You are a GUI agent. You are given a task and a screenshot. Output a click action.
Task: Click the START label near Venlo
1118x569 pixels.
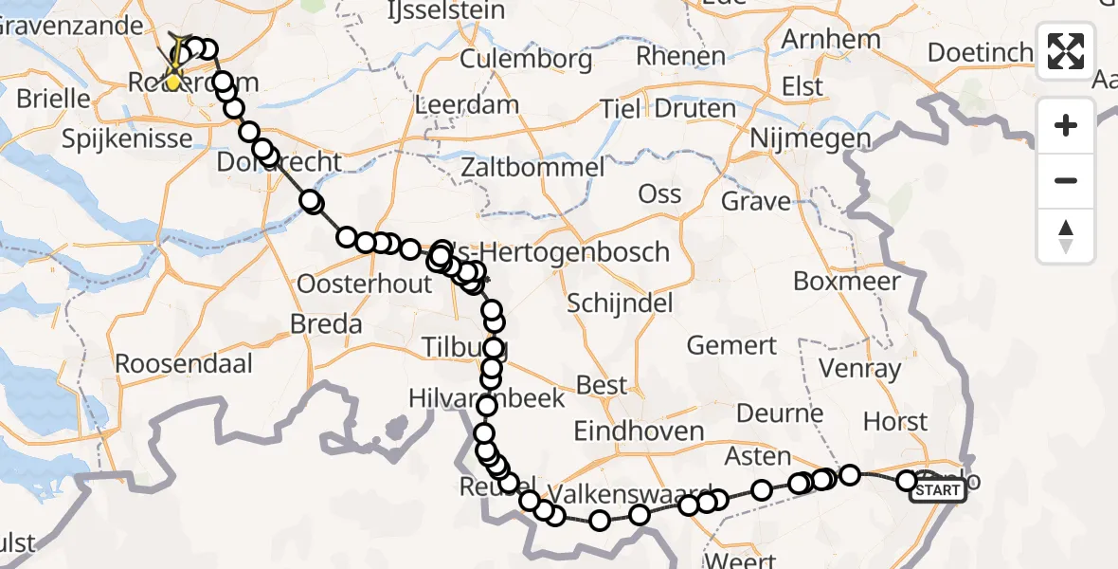pos(938,490)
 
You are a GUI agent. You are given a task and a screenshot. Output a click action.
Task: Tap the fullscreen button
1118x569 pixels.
pos(1066,50)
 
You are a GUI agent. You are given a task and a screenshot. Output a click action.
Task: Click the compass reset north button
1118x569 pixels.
pos(1066,236)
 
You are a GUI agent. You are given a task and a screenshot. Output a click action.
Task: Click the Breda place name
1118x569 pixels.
pos(326,324)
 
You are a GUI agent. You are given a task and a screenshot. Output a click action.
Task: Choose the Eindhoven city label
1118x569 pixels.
pos(639,431)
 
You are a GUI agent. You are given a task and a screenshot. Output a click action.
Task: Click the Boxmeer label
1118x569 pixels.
pos(846,282)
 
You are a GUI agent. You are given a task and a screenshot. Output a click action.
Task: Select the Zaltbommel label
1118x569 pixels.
pos(532,169)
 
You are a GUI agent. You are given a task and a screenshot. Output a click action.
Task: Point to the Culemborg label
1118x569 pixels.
pos(526,60)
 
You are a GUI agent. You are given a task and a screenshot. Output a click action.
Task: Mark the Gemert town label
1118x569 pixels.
pos(731,345)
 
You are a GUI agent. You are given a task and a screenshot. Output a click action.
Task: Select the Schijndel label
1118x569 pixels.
pos(620,303)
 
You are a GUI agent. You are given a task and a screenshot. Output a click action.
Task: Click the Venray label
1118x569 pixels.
pos(860,368)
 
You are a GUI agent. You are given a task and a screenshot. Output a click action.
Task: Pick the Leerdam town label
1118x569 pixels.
pos(467,104)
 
